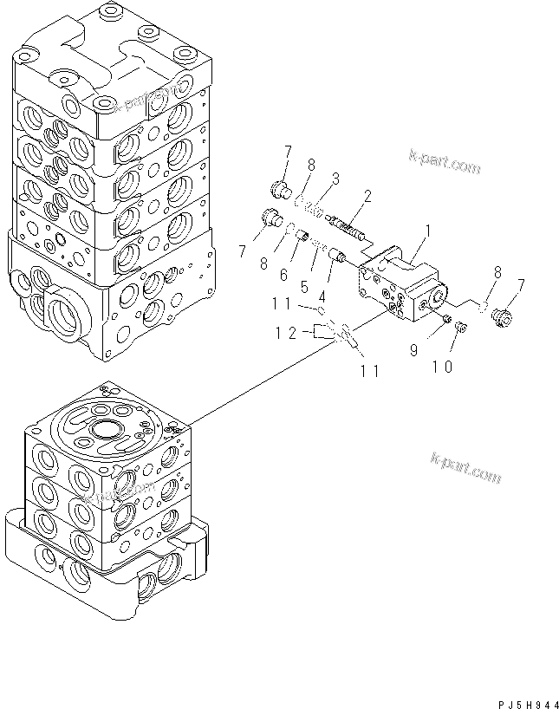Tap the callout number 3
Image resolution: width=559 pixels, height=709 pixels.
[335, 179]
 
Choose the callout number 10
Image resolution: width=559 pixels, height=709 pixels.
[442, 367]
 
